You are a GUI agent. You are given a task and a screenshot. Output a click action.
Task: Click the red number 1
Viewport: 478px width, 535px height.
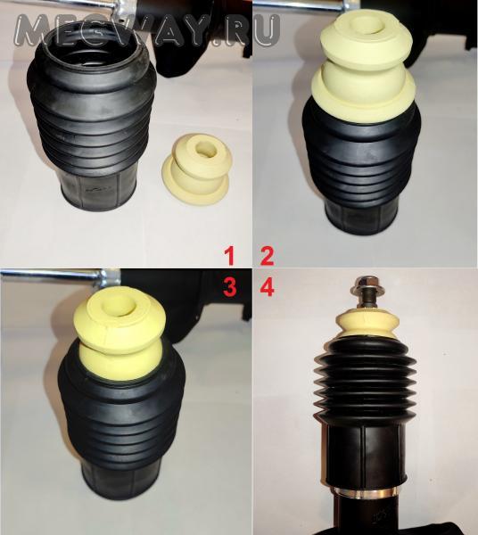tap(229, 256)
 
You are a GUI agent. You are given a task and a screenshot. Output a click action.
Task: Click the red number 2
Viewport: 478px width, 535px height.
tap(267, 256)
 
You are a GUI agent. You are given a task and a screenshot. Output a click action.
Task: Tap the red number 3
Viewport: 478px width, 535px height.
tap(229, 286)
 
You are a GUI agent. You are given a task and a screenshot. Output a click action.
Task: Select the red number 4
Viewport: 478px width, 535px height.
tap(267, 286)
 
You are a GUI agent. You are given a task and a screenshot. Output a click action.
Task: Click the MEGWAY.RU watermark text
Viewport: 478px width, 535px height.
tap(147, 30)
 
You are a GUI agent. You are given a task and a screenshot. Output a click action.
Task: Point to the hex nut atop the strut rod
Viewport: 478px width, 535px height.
tap(365, 283)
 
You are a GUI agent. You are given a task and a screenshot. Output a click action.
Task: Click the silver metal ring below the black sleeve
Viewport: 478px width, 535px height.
tap(365, 491)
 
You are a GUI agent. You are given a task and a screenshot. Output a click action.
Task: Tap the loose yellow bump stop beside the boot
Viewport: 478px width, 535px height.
tap(197, 169)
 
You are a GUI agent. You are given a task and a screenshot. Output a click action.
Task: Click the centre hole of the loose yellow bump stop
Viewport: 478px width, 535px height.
tap(205, 149)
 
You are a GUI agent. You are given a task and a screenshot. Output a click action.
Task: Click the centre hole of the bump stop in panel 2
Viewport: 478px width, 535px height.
tap(367, 26)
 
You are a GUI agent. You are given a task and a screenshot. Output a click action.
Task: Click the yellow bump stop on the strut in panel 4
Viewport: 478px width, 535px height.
tap(367, 325)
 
